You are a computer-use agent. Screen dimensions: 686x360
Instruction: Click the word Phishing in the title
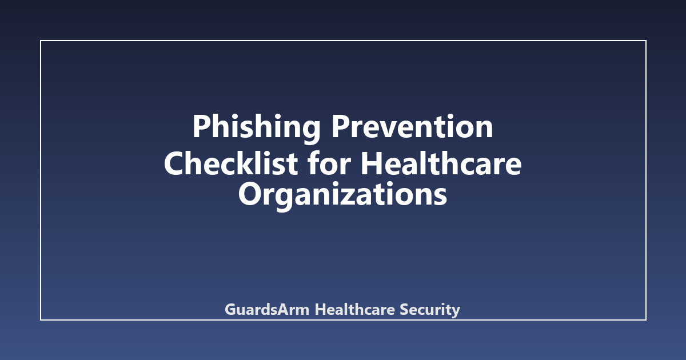click(x=256, y=129)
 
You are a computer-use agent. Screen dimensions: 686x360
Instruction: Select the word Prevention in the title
click(x=412, y=126)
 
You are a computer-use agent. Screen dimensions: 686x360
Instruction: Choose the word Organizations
click(x=342, y=196)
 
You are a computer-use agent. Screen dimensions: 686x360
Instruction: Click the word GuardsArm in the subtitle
click(x=267, y=309)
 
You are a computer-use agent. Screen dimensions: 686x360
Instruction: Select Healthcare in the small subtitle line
click(x=355, y=309)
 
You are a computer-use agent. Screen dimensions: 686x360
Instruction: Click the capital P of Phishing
click(x=202, y=126)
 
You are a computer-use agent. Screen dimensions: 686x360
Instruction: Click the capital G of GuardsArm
click(x=230, y=310)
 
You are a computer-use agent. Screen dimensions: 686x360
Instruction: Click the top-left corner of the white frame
click(x=41, y=41)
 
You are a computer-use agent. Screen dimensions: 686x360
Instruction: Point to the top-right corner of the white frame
click(x=646, y=41)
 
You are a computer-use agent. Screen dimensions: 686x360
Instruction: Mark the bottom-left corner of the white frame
click(x=41, y=320)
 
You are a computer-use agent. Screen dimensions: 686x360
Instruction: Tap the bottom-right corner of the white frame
click(x=646, y=320)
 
